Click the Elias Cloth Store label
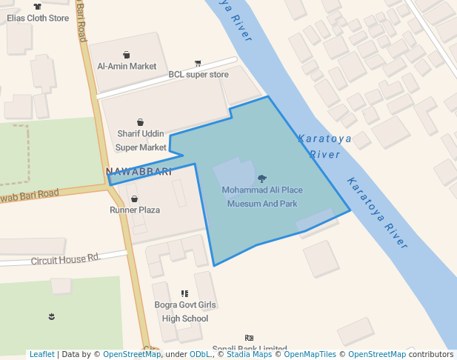point(38,19)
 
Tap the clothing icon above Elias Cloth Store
point(37,6)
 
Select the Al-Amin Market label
point(127,66)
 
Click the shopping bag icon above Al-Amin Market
point(127,54)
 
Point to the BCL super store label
point(199,74)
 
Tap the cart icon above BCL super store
point(198,63)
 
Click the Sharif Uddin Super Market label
point(141,141)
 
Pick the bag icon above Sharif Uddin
point(140,122)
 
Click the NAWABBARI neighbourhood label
point(139,172)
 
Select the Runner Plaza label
point(135,210)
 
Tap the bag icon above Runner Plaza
point(134,199)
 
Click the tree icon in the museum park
point(261,179)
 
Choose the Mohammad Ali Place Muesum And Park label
point(262,197)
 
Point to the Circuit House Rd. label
point(65,259)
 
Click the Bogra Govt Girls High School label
point(185,312)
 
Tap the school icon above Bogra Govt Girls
point(184,294)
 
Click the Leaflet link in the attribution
point(41,354)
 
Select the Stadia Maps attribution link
point(249,354)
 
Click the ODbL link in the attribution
point(200,354)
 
